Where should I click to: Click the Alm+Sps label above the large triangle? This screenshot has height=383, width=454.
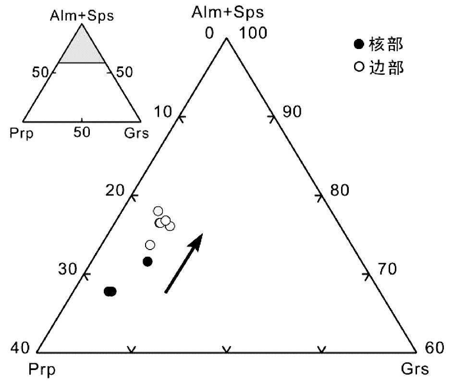click(227, 12)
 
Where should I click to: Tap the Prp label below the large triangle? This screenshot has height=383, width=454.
click(42, 370)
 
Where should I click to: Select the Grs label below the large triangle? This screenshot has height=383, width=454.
click(415, 370)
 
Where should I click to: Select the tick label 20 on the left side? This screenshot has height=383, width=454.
click(116, 191)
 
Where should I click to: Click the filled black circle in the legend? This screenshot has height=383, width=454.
click(357, 45)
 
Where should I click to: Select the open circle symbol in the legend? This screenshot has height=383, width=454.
click(357, 68)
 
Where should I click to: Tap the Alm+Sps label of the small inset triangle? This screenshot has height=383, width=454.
click(81, 16)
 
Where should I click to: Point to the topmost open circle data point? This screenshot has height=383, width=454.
click(158, 211)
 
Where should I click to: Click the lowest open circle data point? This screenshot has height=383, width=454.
click(150, 245)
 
